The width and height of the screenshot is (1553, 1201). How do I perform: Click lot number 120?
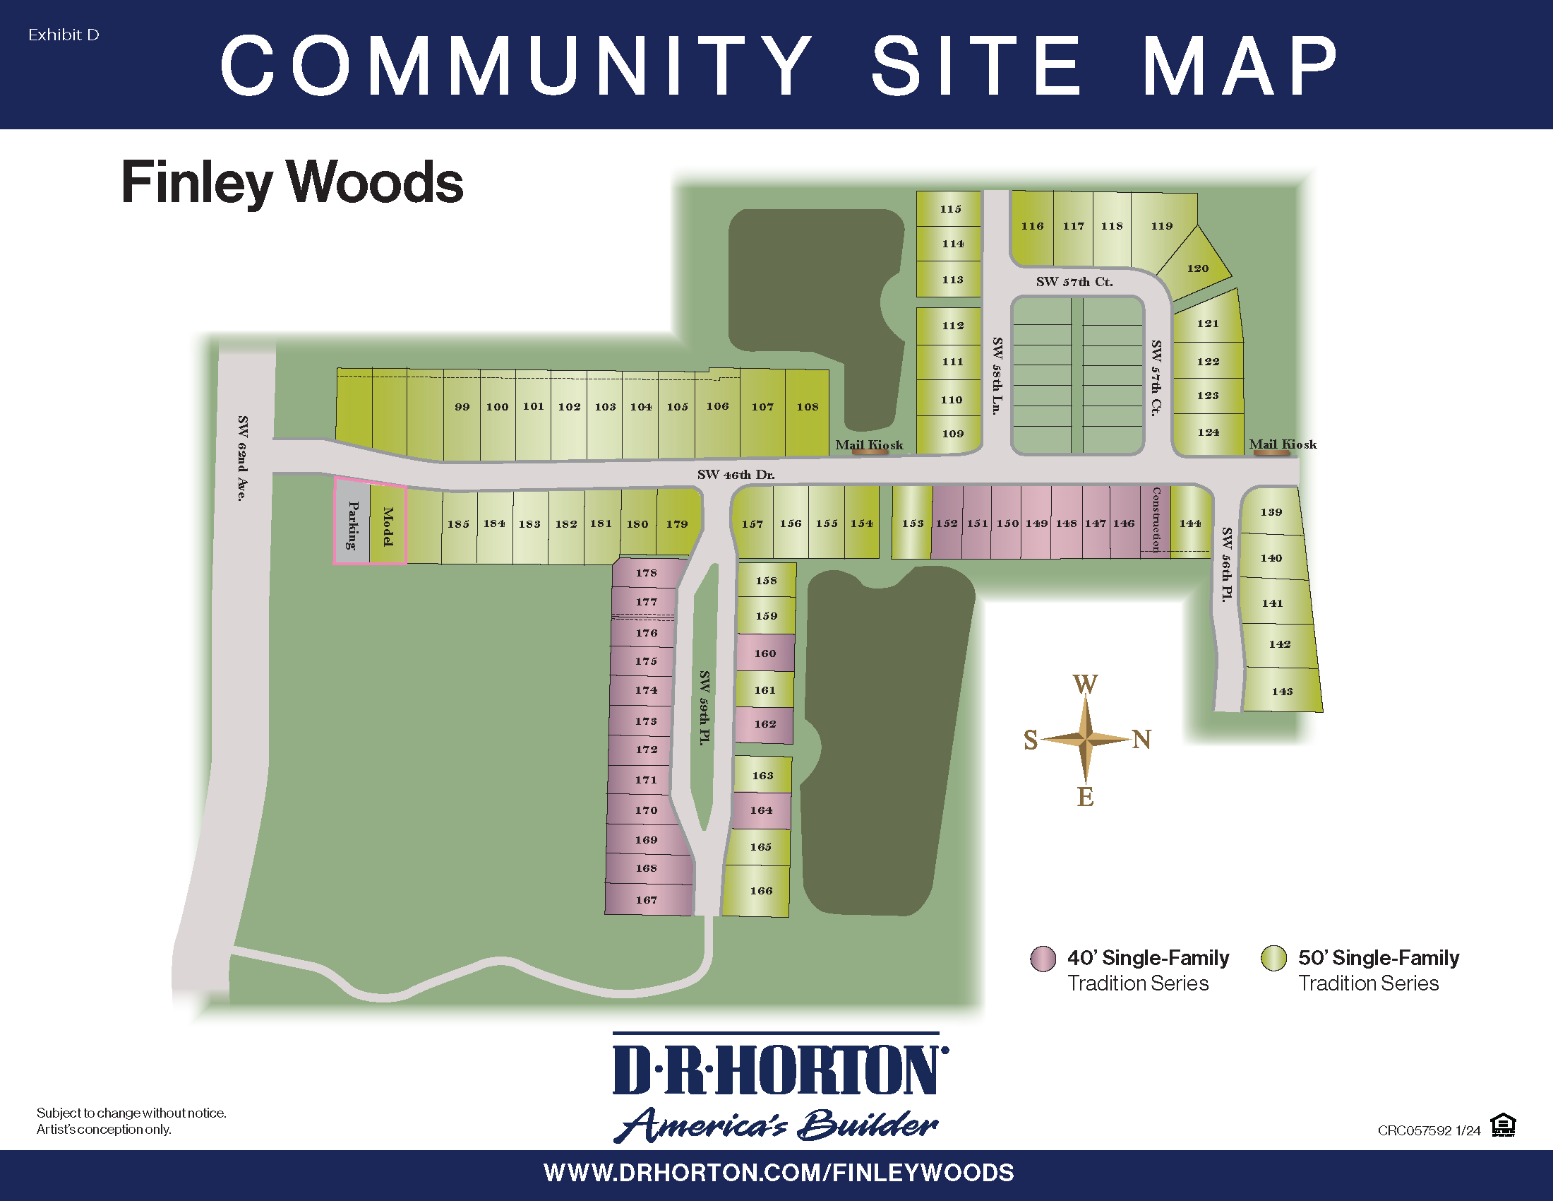tap(1197, 268)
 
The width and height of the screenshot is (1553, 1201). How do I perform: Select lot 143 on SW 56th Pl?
tap(1282, 691)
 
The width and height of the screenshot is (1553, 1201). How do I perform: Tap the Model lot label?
tap(388, 526)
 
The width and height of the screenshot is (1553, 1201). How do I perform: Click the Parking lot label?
tap(352, 525)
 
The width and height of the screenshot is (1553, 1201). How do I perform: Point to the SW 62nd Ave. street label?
tap(242, 458)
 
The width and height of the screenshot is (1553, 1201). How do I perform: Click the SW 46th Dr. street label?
tap(736, 475)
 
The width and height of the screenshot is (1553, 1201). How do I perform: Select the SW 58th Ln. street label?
tap(997, 375)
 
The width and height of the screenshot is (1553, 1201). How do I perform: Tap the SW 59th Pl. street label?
tap(704, 707)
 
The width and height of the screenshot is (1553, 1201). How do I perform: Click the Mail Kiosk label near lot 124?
tap(1283, 444)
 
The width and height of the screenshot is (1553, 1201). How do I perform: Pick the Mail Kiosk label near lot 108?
tap(869, 444)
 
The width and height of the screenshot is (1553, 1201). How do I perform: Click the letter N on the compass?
tap(1141, 740)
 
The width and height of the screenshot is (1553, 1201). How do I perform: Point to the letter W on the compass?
tap(1085, 685)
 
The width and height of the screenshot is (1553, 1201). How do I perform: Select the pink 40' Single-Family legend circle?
tap(1043, 959)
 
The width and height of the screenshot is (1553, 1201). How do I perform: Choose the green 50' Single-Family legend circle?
tap(1273, 959)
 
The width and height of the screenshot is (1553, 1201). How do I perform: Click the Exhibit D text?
tap(64, 35)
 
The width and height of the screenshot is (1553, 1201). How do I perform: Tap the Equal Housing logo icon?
tap(1502, 1125)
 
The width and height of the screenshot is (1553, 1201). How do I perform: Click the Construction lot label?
tap(1156, 519)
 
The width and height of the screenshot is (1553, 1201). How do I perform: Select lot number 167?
tap(647, 900)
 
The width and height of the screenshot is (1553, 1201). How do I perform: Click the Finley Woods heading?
tap(292, 182)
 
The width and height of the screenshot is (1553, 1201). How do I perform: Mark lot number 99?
tap(462, 407)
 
